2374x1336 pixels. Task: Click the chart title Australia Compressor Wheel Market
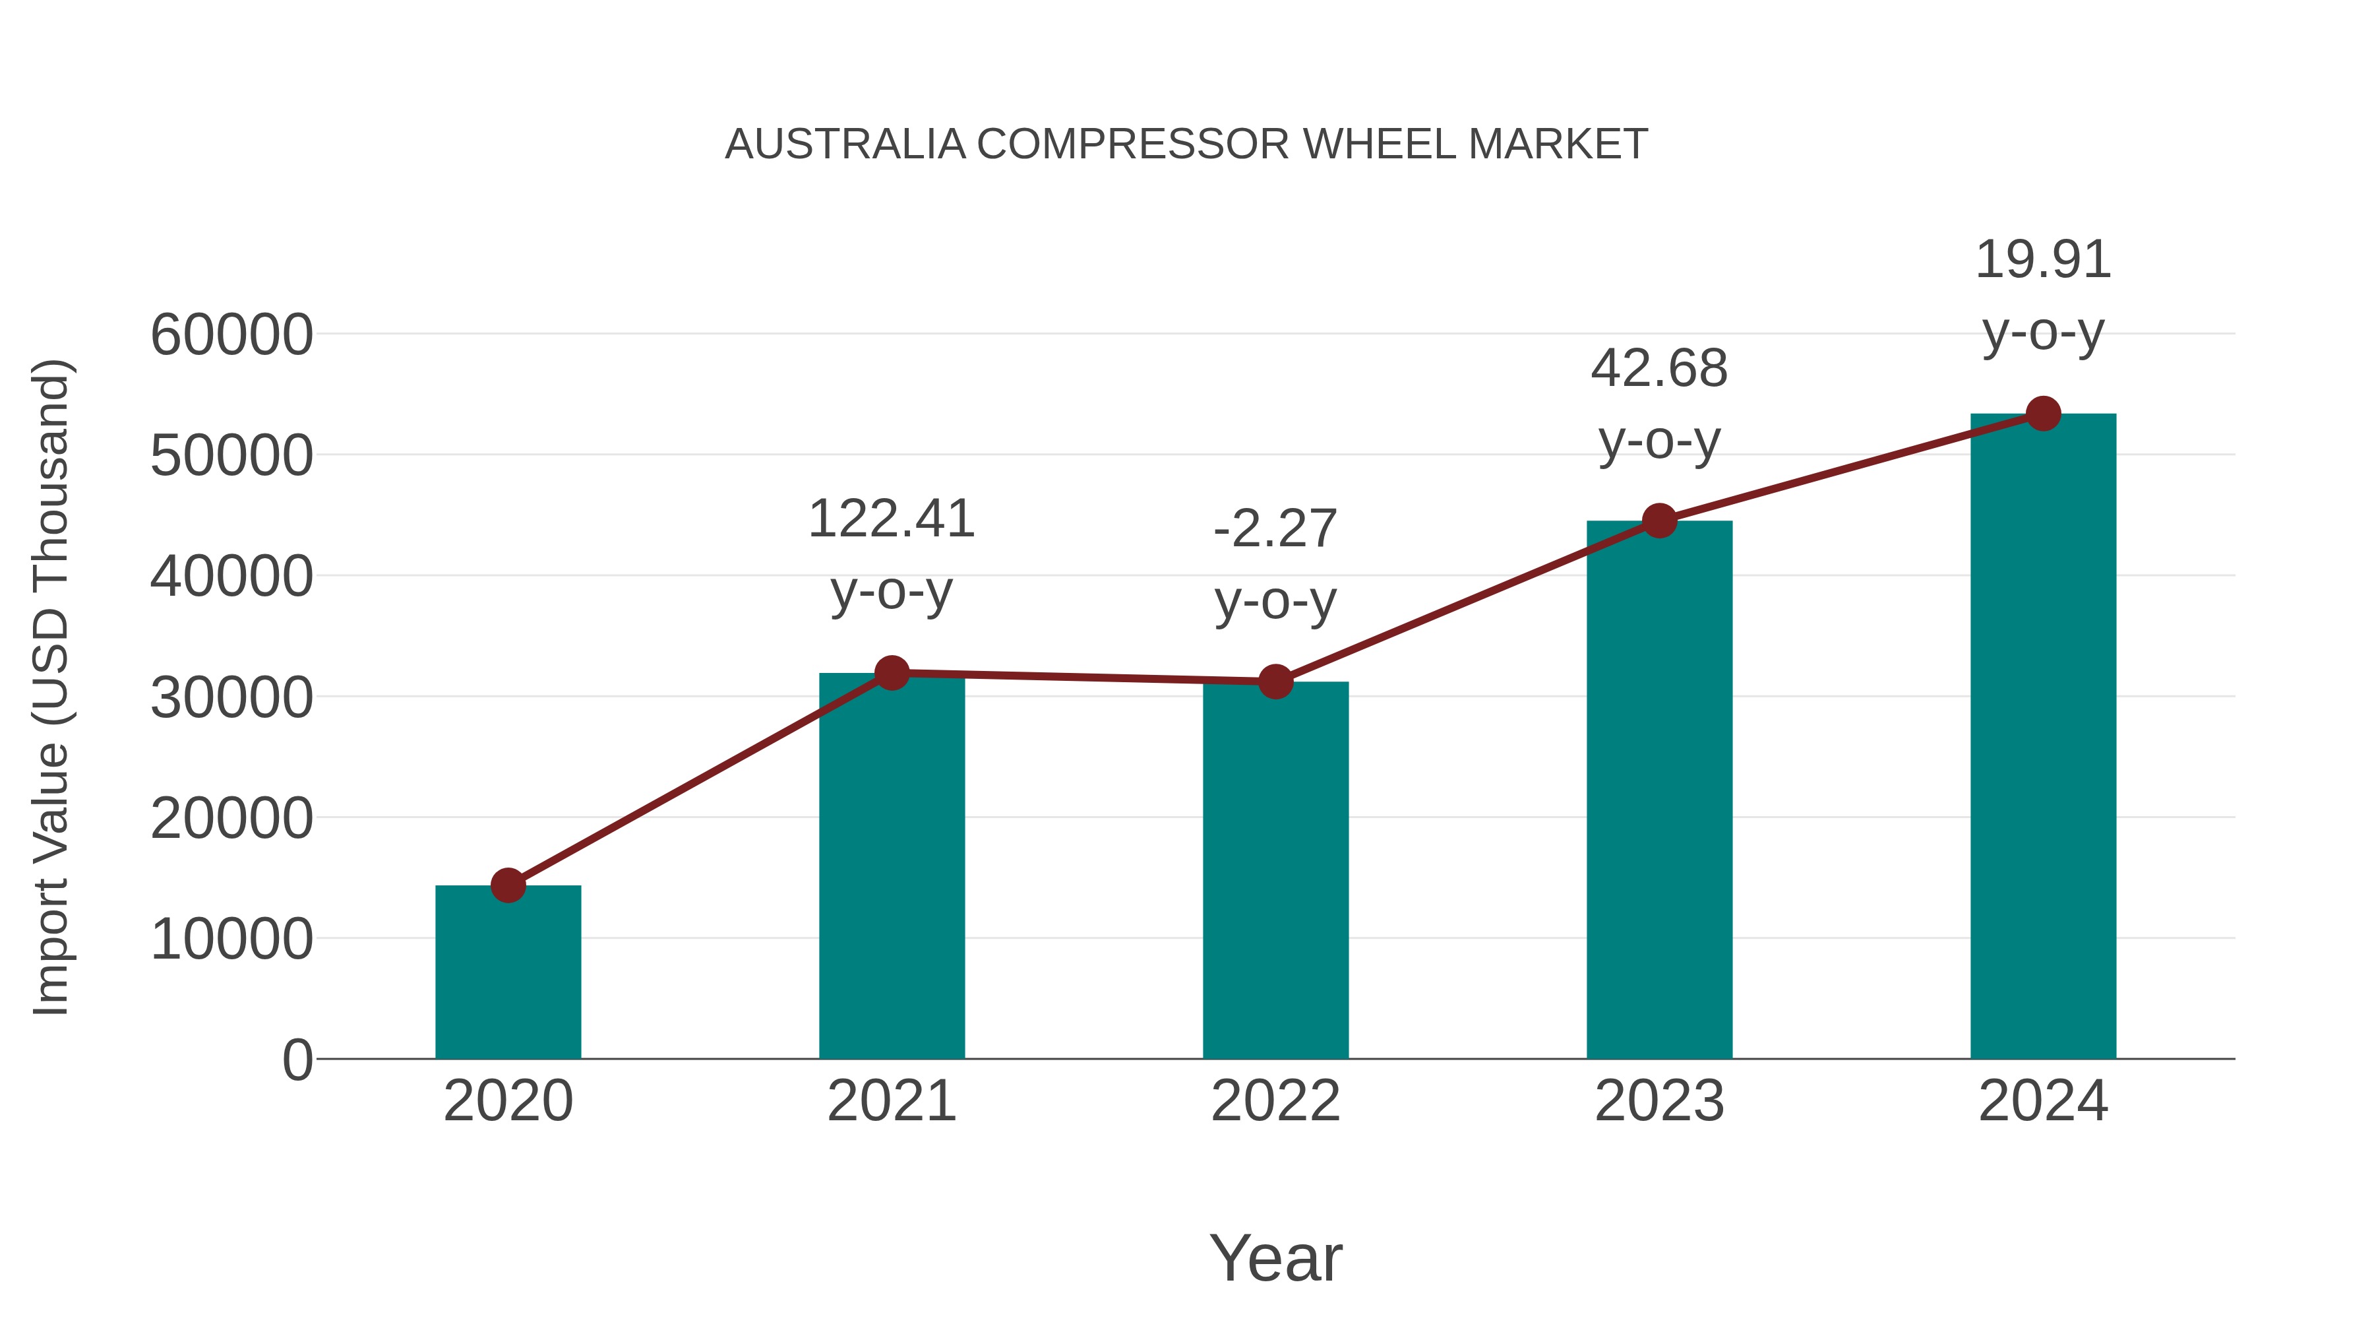(x=1186, y=144)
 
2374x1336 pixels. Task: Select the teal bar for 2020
(x=508, y=972)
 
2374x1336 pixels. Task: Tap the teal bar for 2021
(x=891, y=867)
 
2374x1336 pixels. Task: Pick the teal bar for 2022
(x=1275, y=872)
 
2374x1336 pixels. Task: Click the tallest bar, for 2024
(x=2043, y=738)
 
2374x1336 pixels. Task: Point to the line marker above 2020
(x=508, y=885)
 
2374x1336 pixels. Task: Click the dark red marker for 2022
(x=1275, y=682)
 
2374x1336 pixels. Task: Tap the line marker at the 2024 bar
(x=2043, y=414)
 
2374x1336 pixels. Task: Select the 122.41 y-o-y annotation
(x=891, y=554)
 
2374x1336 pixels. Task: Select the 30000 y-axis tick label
(x=231, y=698)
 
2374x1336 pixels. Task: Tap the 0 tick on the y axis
(x=297, y=1060)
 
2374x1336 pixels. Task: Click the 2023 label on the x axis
(x=1659, y=1101)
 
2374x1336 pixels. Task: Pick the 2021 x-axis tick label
(x=891, y=1101)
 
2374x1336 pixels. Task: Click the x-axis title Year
(x=1275, y=1259)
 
